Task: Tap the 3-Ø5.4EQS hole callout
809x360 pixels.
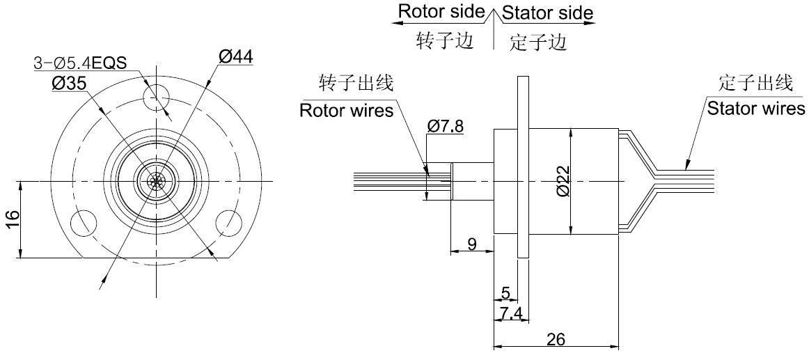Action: pyautogui.click(x=81, y=63)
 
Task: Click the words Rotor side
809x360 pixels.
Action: pyautogui.click(x=441, y=12)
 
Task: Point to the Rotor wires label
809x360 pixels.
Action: pyautogui.click(x=346, y=110)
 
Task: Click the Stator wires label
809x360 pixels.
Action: pyautogui.click(x=755, y=109)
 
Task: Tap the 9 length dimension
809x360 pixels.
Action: pyautogui.click(x=471, y=244)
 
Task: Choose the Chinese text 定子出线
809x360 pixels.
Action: pyautogui.click(x=755, y=84)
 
